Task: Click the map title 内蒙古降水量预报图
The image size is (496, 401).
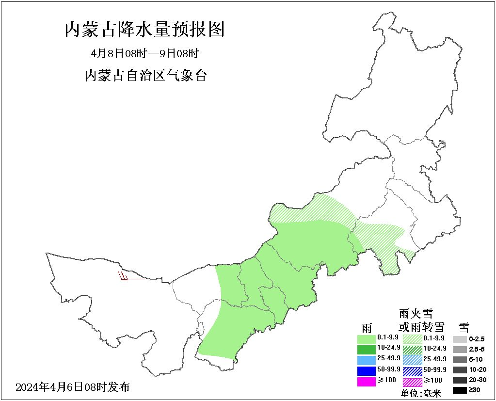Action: [x=144, y=30]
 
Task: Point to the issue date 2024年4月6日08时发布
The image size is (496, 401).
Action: [x=73, y=387]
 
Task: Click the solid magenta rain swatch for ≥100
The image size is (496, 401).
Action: [x=367, y=382]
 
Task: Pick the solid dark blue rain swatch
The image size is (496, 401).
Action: [x=367, y=371]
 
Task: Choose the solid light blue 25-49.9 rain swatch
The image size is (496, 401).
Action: [x=367, y=360]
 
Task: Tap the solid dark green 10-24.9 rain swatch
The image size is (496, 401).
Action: [x=367, y=349]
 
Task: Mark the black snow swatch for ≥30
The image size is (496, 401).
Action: [x=460, y=390]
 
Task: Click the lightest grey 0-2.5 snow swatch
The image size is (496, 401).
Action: [x=460, y=339]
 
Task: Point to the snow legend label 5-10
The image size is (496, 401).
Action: [x=476, y=359]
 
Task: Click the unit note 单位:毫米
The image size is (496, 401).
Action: [x=421, y=394]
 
